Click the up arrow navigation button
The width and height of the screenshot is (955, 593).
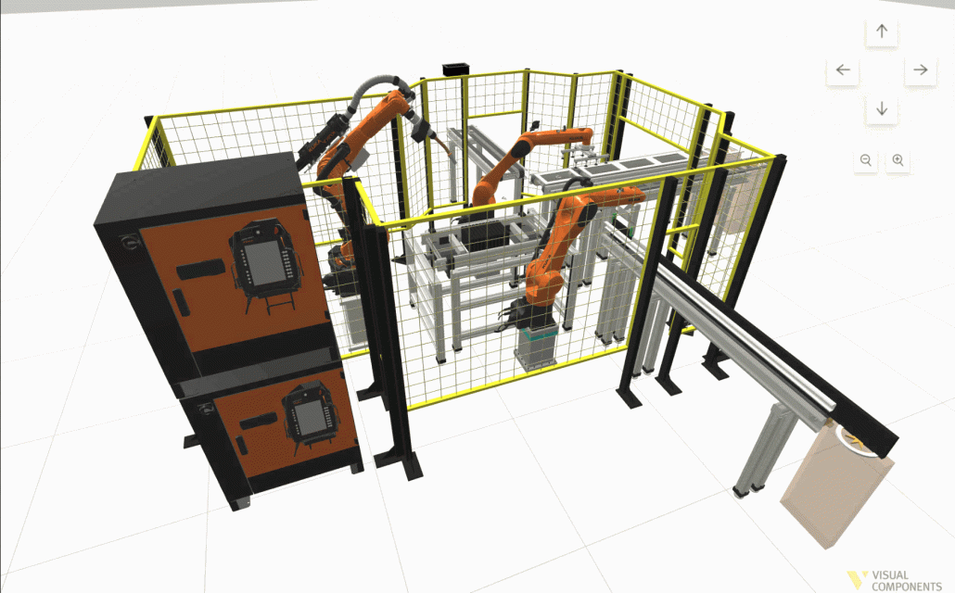click(x=882, y=32)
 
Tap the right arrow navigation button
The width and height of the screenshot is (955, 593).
click(x=920, y=70)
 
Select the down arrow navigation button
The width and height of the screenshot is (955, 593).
click(x=882, y=109)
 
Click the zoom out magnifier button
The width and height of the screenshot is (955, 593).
click(x=865, y=160)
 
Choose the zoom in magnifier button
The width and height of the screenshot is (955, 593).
click(x=898, y=160)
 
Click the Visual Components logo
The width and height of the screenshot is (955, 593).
click(x=895, y=580)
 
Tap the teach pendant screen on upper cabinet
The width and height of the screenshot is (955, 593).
click(x=265, y=260)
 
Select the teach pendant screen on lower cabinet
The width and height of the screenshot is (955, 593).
click(x=312, y=415)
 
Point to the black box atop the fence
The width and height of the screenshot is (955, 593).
click(x=453, y=69)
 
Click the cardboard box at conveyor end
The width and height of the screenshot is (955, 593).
click(x=837, y=487)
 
